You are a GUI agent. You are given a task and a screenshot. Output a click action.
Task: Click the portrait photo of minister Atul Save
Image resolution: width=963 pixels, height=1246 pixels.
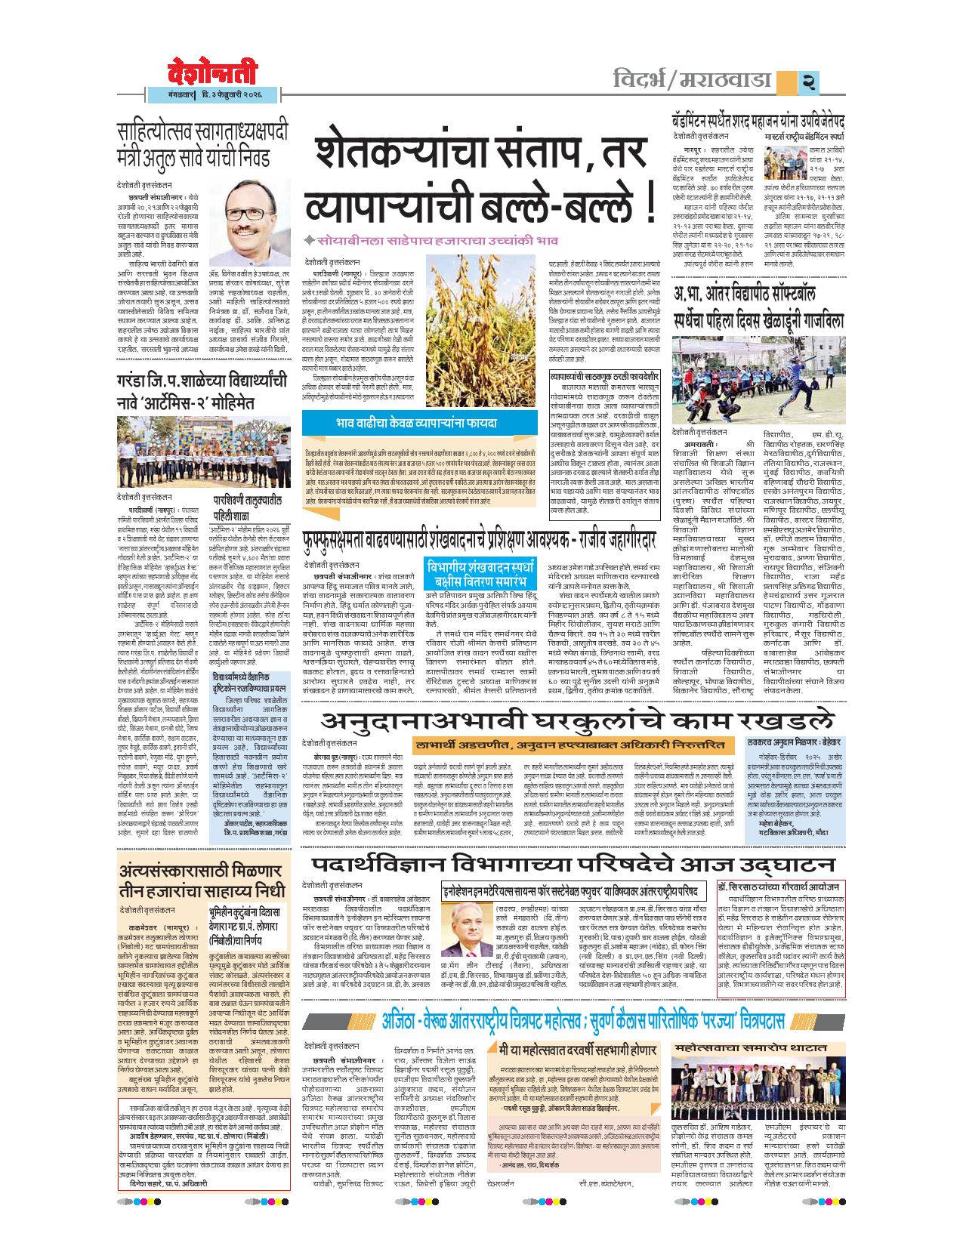coord(248,219)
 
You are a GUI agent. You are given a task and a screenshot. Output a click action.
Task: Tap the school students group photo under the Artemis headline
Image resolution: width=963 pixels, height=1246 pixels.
coord(203,451)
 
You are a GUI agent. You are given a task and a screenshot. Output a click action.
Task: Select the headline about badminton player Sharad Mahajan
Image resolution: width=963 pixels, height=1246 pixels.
coord(758,122)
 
